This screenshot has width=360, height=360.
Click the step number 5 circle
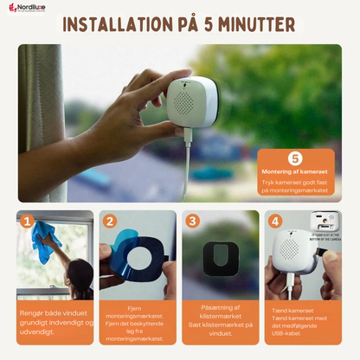click(295, 158)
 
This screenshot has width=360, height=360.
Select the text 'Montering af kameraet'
click(295, 173)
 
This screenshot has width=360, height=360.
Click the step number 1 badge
click(27, 222)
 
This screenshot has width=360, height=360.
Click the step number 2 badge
click(110, 222)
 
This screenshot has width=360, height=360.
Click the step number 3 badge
click(192, 222)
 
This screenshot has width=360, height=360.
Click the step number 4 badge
click(274, 222)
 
